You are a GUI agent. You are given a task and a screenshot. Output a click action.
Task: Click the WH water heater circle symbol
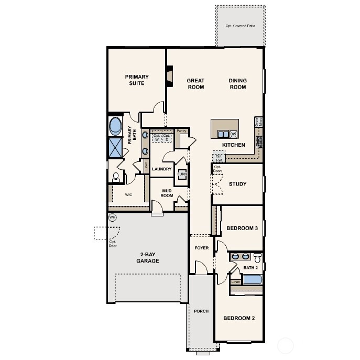click(x=112, y=217)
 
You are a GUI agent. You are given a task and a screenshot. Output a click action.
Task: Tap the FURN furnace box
click(x=182, y=175)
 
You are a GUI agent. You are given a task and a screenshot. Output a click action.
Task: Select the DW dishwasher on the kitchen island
click(x=234, y=134)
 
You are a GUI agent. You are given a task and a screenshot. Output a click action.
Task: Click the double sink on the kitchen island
click(x=223, y=134)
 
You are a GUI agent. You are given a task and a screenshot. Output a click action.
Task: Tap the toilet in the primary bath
click(x=116, y=177)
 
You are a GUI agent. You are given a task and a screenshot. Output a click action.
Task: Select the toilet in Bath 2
click(x=257, y=259)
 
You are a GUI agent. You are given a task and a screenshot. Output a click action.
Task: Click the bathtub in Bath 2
click(x=253, y=279)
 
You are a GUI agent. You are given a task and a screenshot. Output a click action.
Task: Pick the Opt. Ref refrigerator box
click(x=219, y=157)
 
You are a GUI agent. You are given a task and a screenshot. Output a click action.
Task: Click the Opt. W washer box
click(x=157, y=138)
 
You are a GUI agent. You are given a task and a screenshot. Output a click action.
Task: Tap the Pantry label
click(x=182, y=131)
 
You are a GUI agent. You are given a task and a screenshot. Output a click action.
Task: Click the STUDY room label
click(x=237, y=184)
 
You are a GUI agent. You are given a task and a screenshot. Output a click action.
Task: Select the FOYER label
click(x=202, y=248)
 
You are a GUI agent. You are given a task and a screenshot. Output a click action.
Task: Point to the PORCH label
click(x=201, y=311)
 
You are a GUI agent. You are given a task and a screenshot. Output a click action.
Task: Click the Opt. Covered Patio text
click(x=239, y=26)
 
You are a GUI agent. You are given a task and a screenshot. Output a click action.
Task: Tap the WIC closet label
click(x=128, y=194)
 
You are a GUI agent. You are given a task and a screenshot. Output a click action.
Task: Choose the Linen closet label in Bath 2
click(x=236, y=282)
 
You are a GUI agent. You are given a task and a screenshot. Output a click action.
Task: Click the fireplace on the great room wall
click(x=169, y=75)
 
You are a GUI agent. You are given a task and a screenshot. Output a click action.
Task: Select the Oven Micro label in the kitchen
click(x=258, y=121)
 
